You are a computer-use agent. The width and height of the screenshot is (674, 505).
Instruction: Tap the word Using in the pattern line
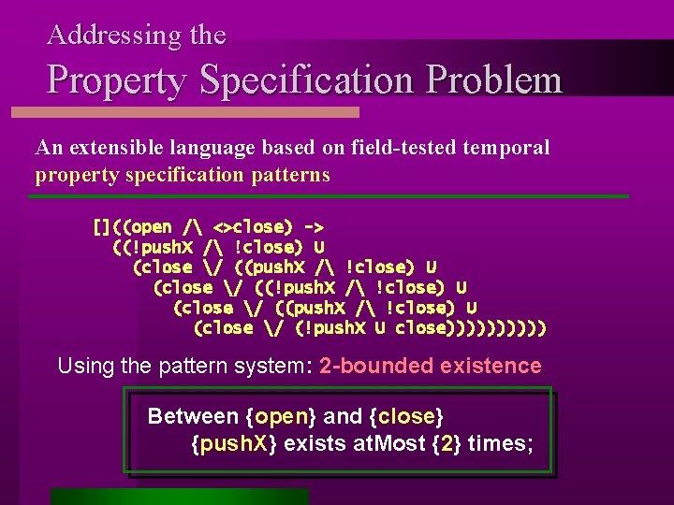[86, 366]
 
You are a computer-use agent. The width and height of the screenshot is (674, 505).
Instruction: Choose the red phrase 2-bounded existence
[430, 366]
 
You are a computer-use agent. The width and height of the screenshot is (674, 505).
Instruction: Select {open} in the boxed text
[280, 416]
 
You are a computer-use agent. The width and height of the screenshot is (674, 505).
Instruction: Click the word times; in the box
[501, 443]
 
